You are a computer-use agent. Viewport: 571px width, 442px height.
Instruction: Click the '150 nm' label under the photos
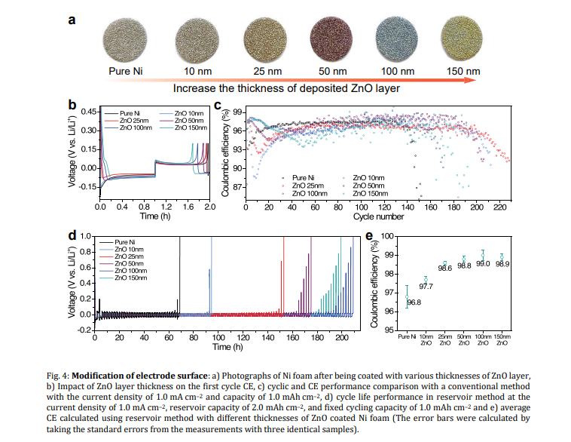pyautogui.click(x=462, y=72)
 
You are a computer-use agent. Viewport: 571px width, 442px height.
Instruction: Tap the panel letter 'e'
pyautogui.click(x=369, y=235)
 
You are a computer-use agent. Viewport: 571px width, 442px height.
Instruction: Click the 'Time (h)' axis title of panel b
pyautogui.click(x=154, y=216)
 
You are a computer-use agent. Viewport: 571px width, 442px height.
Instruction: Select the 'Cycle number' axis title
pyautogui.click(x=378, y=216)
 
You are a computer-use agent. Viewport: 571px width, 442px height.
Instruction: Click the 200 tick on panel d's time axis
pyautogui.click(x=340, y=337)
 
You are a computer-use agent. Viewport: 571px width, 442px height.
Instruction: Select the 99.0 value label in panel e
pyautogui.click(x=483, y=263)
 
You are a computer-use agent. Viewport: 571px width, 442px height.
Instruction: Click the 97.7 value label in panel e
pyautogui.click(x=426, y=286)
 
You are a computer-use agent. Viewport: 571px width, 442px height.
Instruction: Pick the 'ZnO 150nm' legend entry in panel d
pyautogui.click(x=133, y=278)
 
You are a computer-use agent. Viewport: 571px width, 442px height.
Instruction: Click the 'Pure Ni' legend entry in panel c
pyautogui.click(x=304, y=178)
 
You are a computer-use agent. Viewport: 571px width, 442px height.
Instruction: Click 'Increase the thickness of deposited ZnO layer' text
pyautogui.click(x=285, y=88)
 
